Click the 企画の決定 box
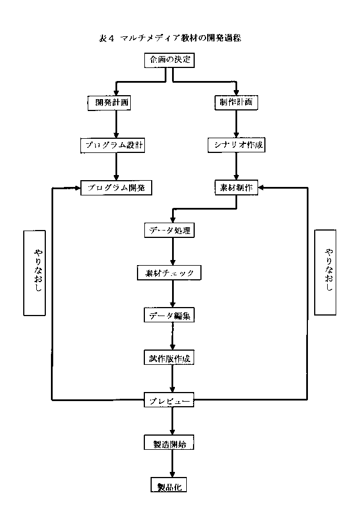point(170,60)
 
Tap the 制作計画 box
point(236,103)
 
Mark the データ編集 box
point(170,316)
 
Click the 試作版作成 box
point(170,358)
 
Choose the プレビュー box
point(170,401)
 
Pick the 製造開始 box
point(170,444)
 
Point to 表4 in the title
point(106,39)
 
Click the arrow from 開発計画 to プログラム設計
point(116,123)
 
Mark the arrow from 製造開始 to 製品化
point(172,465)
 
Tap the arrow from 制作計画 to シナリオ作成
point(237,123)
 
